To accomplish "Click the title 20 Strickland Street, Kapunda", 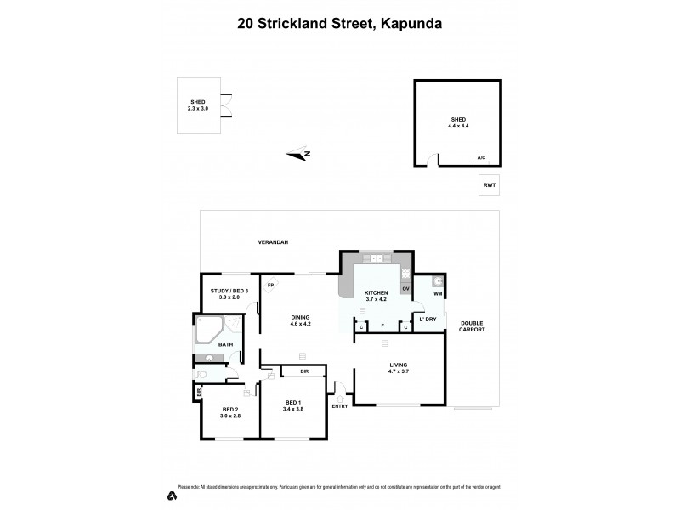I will pyautogui.click(x=339, y=24).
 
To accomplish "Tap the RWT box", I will pyautogui.click(x=489, y=184).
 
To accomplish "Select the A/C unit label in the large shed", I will pyautogui.click(x=481, y=158).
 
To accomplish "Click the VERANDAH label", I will pyautogui.click(x=273, y=243).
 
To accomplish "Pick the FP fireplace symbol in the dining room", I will pyautogui.click(x=271, y=286).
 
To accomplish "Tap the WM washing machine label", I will pyautogui.click(x=439, y=294).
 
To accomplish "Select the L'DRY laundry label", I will pyautogui.click(x=428, y=320).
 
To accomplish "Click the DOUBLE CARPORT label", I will pyautogui.click(x=472, y=326).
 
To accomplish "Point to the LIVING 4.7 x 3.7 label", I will pyautogui.click(x=399, y=368).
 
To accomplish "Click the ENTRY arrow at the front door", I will pyautogui.click(x=340, y=397).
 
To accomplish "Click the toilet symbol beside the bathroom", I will pyautogui.click(x=201, y=374).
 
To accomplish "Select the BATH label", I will pyautogui.click(x=225, y=344).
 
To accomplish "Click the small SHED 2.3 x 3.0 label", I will pyautogui.click(x=199, y=105).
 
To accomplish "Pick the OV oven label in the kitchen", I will pyautogui.click(x=405, y=289).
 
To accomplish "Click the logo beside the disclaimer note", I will pyautogui.click(x=172, y=494).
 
